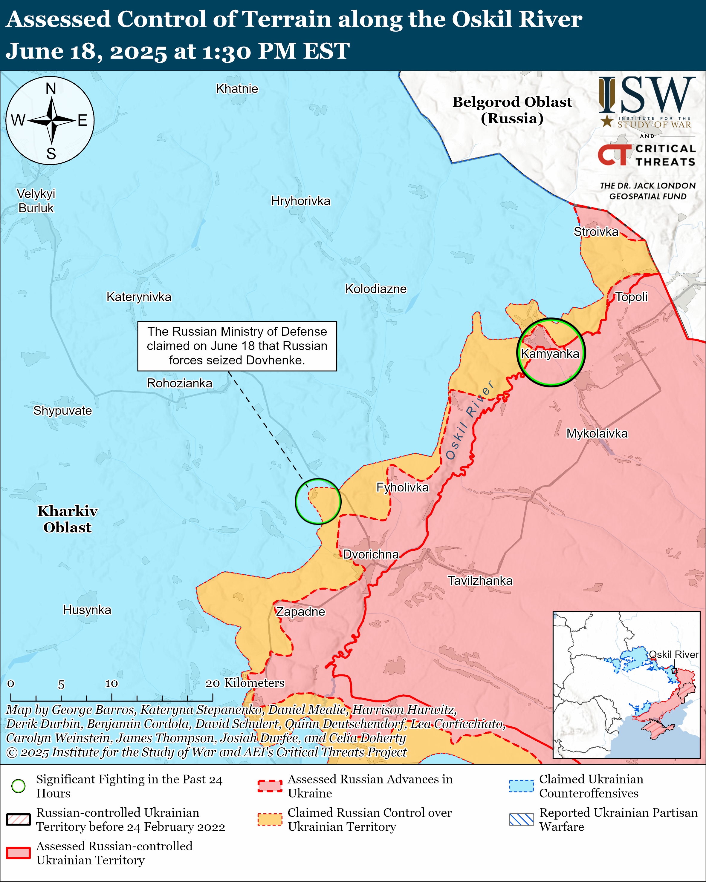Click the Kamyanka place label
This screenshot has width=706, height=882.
tap(550, 353)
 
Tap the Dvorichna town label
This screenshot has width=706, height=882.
tap(371, 554)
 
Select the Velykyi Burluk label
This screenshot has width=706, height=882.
tap(36, 201)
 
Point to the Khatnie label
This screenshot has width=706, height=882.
tap(237, 89)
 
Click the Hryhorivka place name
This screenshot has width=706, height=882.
tap(300, 201)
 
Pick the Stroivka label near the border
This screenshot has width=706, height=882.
tap(596, 231)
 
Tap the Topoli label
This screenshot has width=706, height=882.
tap(632, 297)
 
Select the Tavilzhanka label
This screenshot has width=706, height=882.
tap(480, 581)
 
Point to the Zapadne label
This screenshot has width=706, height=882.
tap(300, 612)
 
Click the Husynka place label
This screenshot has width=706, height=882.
tap(87, 610)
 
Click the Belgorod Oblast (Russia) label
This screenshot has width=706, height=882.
tap(512, 110)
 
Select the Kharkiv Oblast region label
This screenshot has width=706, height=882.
tap(68, 519)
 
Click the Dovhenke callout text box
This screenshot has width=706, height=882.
tap(237, 346)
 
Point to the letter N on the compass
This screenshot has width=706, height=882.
tap(51, 88)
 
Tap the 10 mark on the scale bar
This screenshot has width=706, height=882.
tap(111, 684)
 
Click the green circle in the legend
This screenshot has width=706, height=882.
tap(19, 786)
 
